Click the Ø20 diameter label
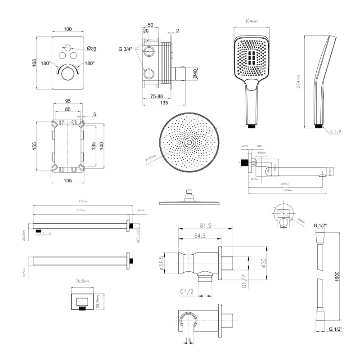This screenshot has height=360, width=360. [x=91, y=49]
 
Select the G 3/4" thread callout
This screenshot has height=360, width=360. [x=126, y=49]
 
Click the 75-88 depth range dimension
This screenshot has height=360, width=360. [x=153, y=96]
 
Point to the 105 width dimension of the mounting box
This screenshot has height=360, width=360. [x=67, y=180]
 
